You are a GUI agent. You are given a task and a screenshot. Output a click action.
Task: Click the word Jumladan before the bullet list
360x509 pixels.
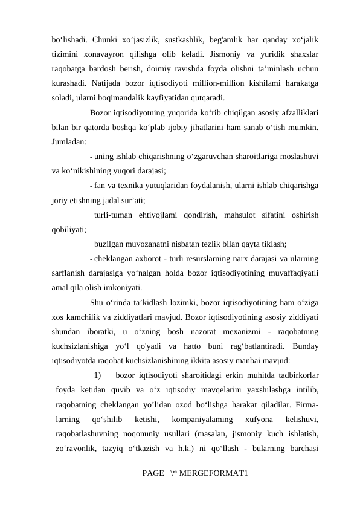68,141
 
